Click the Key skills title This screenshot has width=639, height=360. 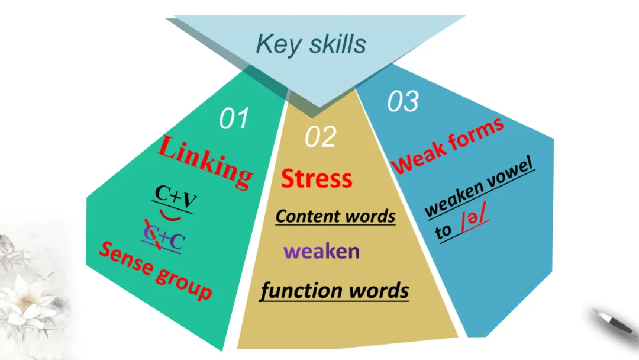[311, 44]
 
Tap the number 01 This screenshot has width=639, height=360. [234, 119]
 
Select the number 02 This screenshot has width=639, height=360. [321, 137]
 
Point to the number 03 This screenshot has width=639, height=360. [403, 102]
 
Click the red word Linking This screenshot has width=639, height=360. [205, 160]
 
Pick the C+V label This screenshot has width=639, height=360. [176, 194]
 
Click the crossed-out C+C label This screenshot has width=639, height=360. [163, 240]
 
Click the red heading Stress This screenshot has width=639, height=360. [316, 178]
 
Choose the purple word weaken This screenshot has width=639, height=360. [321, 251]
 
